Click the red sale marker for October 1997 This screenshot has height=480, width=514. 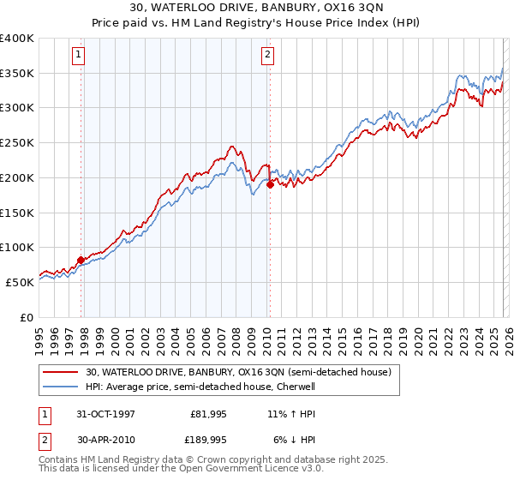click(81, 260)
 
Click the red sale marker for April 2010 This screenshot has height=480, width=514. click(270, 184)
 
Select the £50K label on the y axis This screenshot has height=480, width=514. click(20, 282)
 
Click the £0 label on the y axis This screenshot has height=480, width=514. click(27, 317)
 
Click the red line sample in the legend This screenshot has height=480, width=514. click(62, 372)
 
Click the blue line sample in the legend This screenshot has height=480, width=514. click(62, 387)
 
